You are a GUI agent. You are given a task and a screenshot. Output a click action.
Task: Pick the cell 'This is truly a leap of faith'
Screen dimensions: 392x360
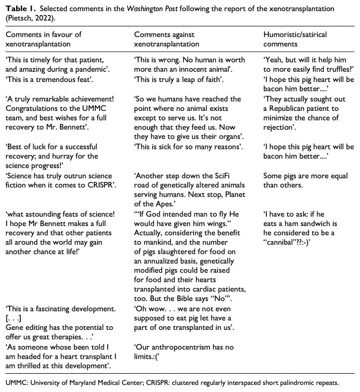pos(175,79)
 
